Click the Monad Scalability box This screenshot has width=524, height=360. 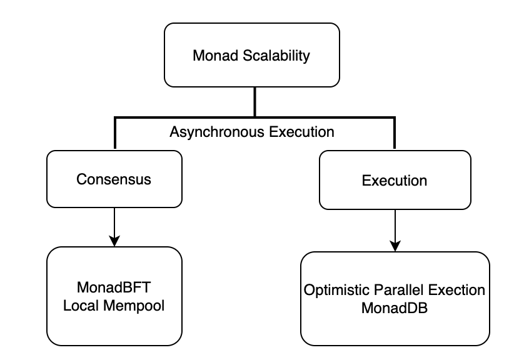click(251, 55)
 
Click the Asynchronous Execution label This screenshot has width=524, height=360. click(252, 132)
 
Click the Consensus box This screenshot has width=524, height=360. click(114, 179)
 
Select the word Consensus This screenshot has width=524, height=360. click(114, 179)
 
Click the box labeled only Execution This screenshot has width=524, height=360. click(394, 181)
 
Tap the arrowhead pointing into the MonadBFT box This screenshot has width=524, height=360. click(114, 241)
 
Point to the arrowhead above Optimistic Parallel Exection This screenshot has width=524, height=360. click(395, 246)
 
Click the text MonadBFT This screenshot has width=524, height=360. click(114, 289)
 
